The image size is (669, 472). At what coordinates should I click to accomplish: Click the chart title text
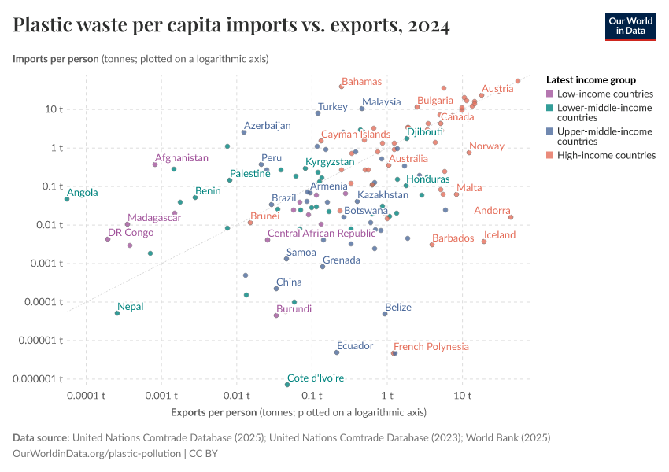click(231, 26)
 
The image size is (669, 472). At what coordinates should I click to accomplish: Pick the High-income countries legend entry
click(606, 155)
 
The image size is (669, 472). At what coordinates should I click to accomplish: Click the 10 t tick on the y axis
click(53, 109)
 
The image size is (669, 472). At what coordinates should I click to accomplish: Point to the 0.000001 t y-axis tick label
click(38, 379)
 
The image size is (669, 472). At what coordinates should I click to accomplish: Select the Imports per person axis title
click(55, 59)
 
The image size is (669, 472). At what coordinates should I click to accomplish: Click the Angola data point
click(67, 199)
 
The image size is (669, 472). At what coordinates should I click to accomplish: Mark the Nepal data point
click(117, 313)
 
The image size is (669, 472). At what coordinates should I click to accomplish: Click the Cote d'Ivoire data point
click(287, 385)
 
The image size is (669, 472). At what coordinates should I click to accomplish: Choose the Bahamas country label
click(361, 82)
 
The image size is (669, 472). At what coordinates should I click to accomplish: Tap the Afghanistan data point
click(155, 164)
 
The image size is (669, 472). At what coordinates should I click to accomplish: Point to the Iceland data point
click(484, 242)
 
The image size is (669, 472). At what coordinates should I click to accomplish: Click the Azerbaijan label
click(267, 125)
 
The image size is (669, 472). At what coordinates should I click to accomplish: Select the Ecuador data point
click(336, 352)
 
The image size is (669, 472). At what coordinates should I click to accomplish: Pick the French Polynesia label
click(431, 346)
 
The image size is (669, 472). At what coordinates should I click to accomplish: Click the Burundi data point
click(276, 315)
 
